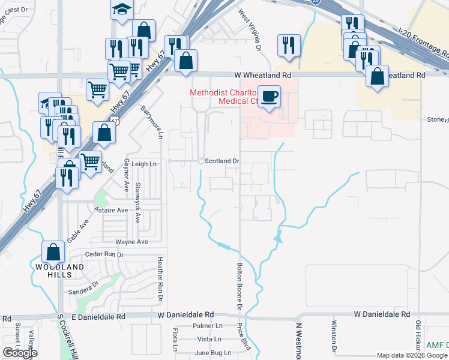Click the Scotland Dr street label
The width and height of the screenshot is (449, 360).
[x=222, y=161]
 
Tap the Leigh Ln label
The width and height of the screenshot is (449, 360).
[x=143, y=164]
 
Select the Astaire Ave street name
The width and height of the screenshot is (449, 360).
[x=111, y=210]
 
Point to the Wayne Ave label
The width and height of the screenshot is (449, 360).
[x=131, y=242]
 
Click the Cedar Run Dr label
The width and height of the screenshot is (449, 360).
[x=104, y=254]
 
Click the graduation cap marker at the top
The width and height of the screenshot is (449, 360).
[x=122, y=9]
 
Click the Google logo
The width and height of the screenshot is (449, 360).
[x=20, y=353]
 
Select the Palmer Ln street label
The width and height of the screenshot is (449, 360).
[x=207, y=326]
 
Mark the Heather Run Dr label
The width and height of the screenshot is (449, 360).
[x=160, y=276]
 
